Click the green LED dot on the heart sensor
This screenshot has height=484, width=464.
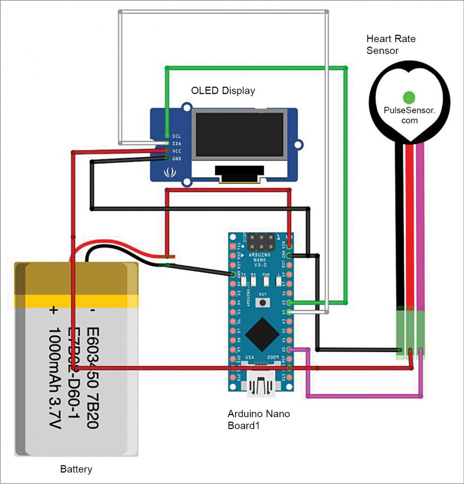point(409,96)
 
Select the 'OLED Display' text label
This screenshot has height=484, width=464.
point(223,91)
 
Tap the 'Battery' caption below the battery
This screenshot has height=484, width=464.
point(76,469)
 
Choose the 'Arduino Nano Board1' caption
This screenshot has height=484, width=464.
point(259,419)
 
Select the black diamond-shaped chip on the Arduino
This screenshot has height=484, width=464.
point(262,333)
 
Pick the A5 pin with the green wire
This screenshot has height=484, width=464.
point(290,303)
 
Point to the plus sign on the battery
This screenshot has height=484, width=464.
point(53,310)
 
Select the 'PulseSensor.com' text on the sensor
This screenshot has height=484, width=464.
point(409,115)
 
